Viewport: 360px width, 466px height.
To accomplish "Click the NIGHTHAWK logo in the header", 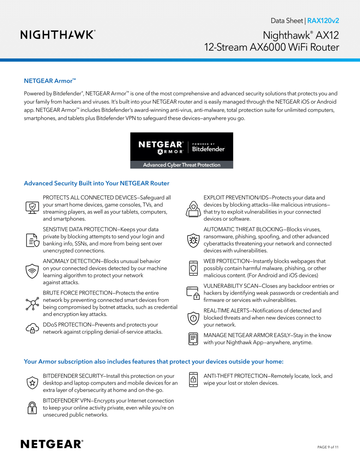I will pyautogui.click(x=58, y=35).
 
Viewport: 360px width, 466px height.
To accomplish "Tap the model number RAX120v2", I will pyautogui.click(x=323, y=21).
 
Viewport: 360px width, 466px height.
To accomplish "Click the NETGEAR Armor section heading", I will pyautogui.click(x=50, y=81).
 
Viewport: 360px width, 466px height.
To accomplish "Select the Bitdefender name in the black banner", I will pyautogui.click(x=208, y=149).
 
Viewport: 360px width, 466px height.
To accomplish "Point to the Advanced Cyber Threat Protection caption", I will pyautogui.click(x=181, y=165).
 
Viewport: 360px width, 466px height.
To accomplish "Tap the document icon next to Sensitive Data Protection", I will pyautogui.click(x=32, y=240).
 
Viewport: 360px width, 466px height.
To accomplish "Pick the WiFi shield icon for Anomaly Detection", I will pyautogui.click(x=32, y=271).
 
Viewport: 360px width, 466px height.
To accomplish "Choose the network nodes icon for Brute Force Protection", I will pyautogui.click(x=32, y=303).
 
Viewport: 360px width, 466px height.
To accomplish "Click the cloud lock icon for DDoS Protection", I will pyautogui.click(x=32, y=328).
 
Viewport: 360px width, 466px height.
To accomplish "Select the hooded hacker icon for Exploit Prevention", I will pyautogui.click(x=193, y=209).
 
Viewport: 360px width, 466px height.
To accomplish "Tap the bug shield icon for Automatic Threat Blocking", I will pyautogui.click(x=193, y=240).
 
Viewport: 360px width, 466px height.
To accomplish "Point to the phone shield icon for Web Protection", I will pyautogui.click(x=193, y=268).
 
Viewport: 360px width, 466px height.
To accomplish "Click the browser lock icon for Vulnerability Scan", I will pyautogui.click(x=193, y=293).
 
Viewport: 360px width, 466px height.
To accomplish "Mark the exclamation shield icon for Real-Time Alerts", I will pyautogui.click(x=193, y=318).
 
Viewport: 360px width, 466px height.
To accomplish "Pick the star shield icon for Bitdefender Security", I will pyautogui.click(x=32, y=383).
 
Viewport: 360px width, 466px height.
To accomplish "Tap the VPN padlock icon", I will pyautogui.click(x=32, y=408).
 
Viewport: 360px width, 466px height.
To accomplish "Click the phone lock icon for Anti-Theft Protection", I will pyautogui.click(x=193, y=380).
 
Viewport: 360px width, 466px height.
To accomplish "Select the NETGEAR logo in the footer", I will pyautogui.click(x=52, y=444).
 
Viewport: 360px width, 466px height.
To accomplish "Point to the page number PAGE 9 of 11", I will pyautogui.click(x=328, y=447).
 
